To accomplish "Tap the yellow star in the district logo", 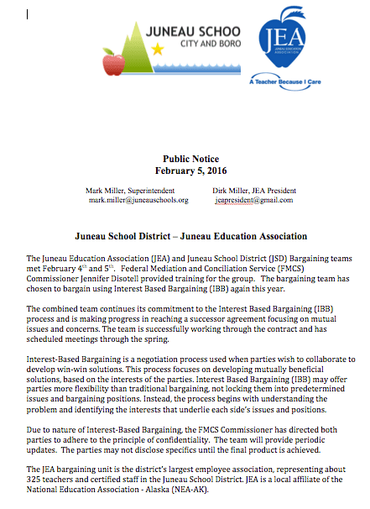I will tap(158, 49).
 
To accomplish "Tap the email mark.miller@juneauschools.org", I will tap(138, 201).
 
